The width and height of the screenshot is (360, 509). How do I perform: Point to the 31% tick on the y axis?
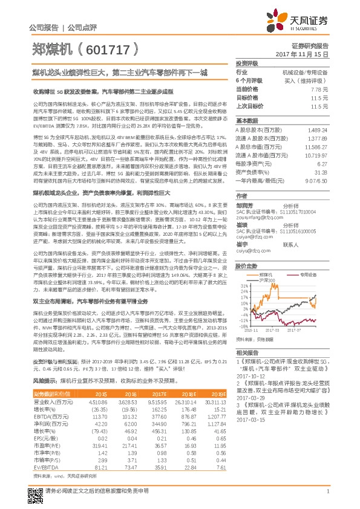[x=242, y=269]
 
